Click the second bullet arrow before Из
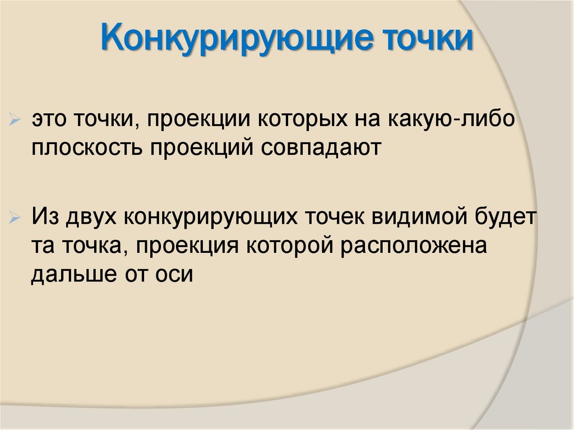[16, 216]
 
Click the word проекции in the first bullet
[198, 121]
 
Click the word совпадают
[320, 148]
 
